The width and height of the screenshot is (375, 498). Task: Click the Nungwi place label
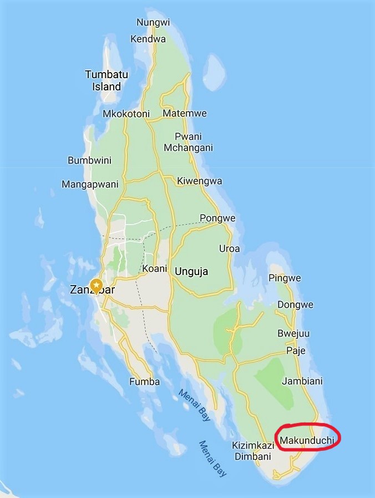pyautogui.click(x=153, y=23)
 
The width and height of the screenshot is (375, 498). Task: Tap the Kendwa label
pyautogui.click(x=148, y=39)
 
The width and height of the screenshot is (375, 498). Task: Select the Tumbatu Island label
pyautogui.click(x=103, y=80)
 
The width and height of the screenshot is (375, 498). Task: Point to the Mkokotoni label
pyautogui.click(x=126, y=114)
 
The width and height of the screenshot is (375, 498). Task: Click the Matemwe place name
pyautogui.click(x=185, y=114)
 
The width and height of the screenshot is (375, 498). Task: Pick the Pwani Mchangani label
pyautogui.click(x=188, y=142)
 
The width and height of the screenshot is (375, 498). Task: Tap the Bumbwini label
pyautogui.click(x=89, y=160)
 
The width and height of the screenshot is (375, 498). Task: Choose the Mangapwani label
pyautogui.click(x=86, y=184)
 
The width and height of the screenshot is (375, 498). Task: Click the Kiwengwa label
pyautogui.click(x=200, y=181)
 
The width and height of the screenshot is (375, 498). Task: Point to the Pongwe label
pyautogui.click(x=217, y=218)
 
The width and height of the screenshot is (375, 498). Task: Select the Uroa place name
pyautogui.click(x=230, y=248)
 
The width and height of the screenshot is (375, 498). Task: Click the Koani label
pyautogui.click(x=155, y=268)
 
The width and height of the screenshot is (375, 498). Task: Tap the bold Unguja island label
pyautogui.click(x=191, y=272)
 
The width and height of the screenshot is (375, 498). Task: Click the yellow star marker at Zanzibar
pyautogui.click(x=97, y=286)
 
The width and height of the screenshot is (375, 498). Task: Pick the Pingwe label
pyautogui.click(x=285, y=278)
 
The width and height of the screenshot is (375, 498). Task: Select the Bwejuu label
pyautogui.click(x=293, y=333)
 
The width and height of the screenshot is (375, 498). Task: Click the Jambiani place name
pyautogui.click(x=302, y=382)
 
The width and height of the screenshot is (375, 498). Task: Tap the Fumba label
pyautogui.click(x=144, y=382)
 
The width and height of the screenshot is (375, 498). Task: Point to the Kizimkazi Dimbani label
pyautogui.click(x=252, y=451)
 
